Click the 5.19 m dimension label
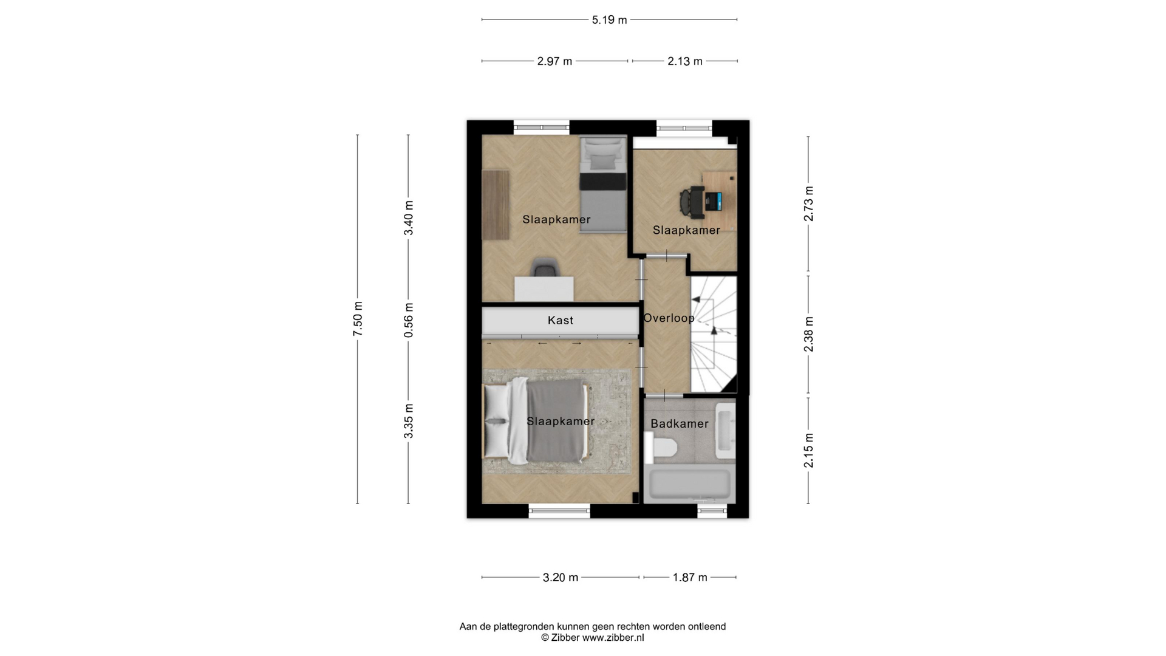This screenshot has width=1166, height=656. [x=609, y=20]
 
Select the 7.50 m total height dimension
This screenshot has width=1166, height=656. [x=358, y=319]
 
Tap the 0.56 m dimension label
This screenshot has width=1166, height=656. [x=409, y=320]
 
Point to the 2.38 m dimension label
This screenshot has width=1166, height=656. [x=808, y=334]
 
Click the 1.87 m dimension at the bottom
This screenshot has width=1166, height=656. [x=690, y=578]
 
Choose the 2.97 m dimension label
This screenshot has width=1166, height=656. [x=554, y=61]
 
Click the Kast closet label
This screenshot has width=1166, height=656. [x=561, y=320]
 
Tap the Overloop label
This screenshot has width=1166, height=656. [x=669, y=318]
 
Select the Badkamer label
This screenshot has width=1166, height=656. [x=680, y=424]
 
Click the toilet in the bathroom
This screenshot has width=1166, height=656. [x=661, y=448]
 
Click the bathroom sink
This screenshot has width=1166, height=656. [x=725, y=431]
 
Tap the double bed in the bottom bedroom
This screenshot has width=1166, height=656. [x=536, y=421]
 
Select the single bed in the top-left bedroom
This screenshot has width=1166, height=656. [x=602, y=184]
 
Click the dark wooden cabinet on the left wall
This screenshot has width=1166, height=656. [x=496, y=205]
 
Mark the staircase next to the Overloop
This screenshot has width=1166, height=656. [x=714, y=334]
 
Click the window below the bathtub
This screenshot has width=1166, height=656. [x=712, y=511]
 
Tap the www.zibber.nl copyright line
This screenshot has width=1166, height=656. [x=593, y=638]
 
